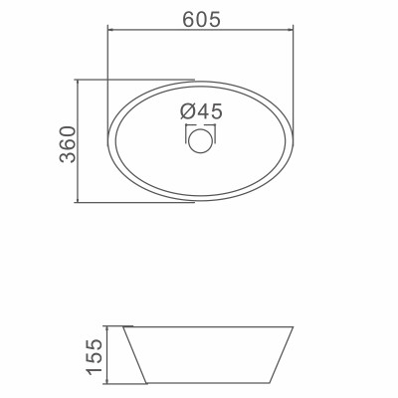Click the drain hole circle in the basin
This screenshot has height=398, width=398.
(x=201, y=140)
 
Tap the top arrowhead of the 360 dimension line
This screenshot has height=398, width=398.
(x=78, y=83)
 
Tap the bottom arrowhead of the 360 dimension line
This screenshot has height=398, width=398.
(x=78, y=199)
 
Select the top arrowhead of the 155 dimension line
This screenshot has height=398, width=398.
(x=109, y=327)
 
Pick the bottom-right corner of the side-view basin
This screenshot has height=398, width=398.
(x=271, y=382)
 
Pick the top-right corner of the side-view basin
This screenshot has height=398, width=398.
(x=295, y=325)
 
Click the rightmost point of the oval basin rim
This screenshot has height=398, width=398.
(x=296, y=140)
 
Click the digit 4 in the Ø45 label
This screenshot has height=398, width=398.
(x=202, y=111)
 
